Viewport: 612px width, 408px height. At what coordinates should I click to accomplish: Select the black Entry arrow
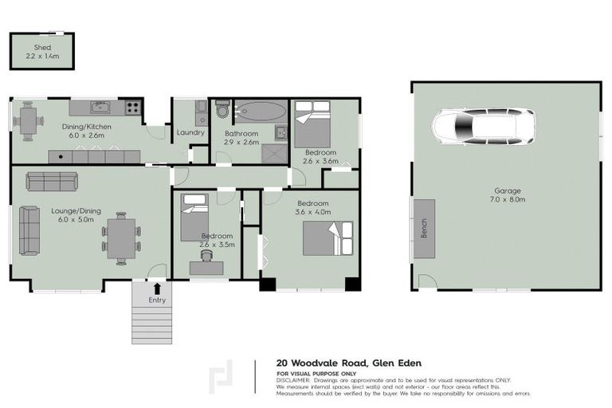point(157,288)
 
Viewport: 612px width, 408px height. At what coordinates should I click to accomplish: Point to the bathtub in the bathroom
point(259,111)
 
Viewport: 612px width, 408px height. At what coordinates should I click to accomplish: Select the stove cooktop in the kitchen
point(132,107)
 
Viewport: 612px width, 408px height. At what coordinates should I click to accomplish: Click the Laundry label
point(191,132)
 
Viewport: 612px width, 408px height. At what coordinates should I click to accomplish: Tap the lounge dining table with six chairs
point(121,237)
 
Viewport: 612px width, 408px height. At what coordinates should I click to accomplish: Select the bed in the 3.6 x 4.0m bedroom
point(327,237)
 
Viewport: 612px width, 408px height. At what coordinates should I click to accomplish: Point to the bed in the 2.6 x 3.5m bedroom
point(194,216)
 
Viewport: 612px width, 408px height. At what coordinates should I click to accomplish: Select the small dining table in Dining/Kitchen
point(28,122)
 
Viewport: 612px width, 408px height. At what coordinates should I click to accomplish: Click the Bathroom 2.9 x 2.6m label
point(241,138)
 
